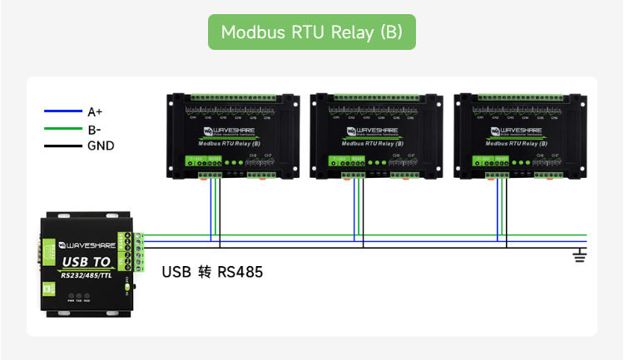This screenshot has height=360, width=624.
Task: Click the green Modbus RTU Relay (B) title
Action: pos(311,32)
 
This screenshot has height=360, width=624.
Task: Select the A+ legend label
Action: pos(95,111)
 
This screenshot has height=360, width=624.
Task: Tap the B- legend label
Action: pos(94,129)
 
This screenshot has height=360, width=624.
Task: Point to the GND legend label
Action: pos(101,146)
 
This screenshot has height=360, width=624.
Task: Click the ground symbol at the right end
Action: pos(580,255)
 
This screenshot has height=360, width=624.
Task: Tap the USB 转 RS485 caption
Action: pos(212,272)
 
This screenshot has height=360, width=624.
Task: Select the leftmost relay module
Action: pos(233,136)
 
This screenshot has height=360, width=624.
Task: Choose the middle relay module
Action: pos(376,136)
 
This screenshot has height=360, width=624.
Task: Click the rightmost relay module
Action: pos(519,136)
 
